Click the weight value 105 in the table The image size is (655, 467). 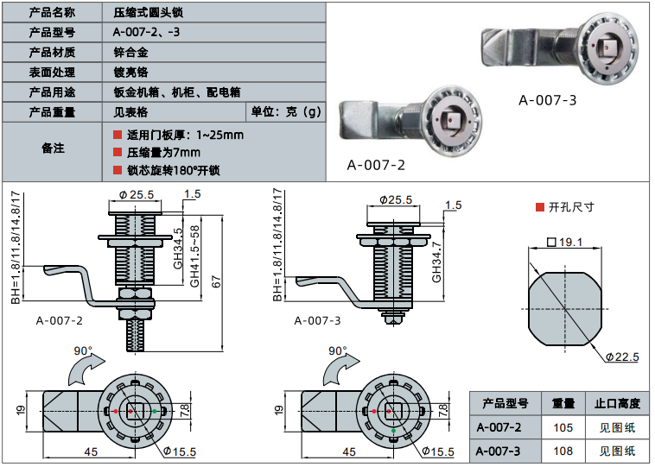pyautogui.click(x=563, y=427)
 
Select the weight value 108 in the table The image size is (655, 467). pyautogui.click(x=563, y=451)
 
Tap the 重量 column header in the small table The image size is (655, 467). pyautogui.click(x=563, y=404)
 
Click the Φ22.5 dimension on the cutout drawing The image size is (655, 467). pyautogui.click(x=621, y=357)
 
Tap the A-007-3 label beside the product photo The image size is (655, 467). pyautogui.click(x=547, y=100)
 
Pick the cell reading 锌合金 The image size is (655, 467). pyautogui.click(x=130, y=53)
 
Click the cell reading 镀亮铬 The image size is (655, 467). pyautogui.click(x=130, y=73)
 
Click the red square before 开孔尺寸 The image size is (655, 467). pyautogui.click(x=539, y=207)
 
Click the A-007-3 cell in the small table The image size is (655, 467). pyautogui.click(x=505, y=451)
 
